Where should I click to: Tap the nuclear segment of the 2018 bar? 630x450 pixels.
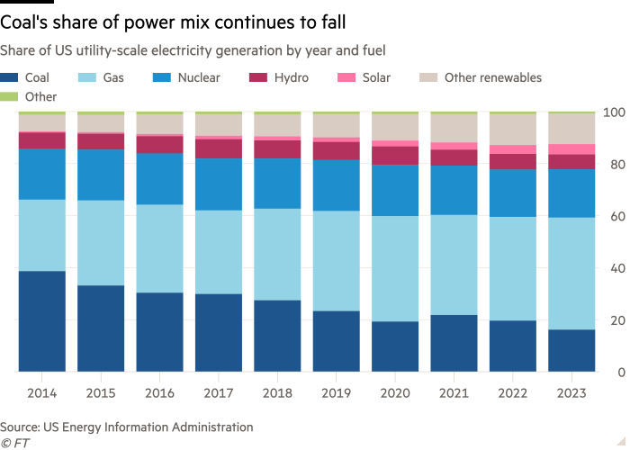point(277,184)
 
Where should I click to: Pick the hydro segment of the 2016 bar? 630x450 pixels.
point(159,144)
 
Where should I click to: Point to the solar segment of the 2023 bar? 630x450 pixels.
point(571,149)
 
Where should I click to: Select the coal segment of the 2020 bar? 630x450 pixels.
point(395,346)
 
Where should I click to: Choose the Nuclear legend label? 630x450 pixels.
point(199,78)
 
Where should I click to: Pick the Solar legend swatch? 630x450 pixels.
point(345,78)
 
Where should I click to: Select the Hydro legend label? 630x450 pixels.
point(292,78)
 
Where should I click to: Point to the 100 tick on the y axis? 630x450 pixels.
point(615,112)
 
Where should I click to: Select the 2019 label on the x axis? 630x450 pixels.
point(336,394)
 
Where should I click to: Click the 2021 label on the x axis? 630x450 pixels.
point(454,394)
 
